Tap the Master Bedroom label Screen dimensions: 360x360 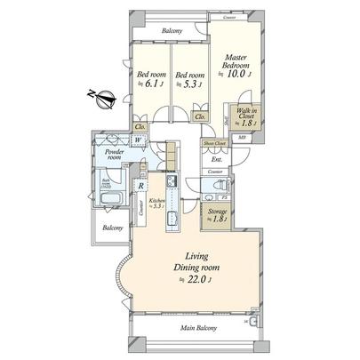[x=236, y=61]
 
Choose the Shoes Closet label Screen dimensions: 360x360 [x=213, y=141]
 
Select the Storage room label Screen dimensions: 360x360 [x=217, y=212]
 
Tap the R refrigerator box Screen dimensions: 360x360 [x=141, y=186]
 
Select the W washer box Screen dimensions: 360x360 [x=140, y=139]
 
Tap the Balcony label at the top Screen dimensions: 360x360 [x=172, y=31]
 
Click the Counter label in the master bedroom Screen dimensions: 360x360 [x=228, y=17]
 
